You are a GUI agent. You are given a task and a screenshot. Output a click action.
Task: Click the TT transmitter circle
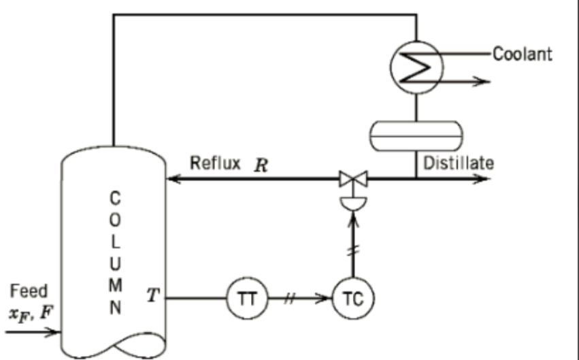(x=245, y=298)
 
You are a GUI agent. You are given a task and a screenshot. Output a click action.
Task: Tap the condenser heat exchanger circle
(x=416, y=67)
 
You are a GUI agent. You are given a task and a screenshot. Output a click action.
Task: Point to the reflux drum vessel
(x=415, y=135)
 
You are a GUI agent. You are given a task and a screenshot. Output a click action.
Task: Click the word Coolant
(x=522, y=54)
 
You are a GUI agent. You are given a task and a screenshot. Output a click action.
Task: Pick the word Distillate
(x=459, y=163)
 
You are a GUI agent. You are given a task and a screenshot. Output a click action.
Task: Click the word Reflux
(x=215, y=163)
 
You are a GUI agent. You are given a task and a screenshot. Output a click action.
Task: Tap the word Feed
(x=29, y=292)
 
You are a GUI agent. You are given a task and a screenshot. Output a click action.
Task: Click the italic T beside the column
(x=153, y=295)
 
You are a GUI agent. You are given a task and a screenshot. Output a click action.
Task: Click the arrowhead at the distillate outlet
(x=482, y=180)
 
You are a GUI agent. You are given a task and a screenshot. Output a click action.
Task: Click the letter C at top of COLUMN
(x=116, y=199)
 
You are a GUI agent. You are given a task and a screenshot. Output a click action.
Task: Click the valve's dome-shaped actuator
(x=352, y=203)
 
